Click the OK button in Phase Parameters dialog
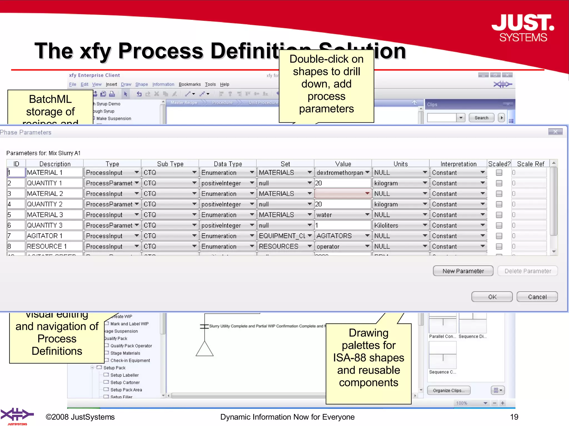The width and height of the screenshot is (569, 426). click(x=492, y=297)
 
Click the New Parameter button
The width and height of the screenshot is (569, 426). click(x=463, y=271)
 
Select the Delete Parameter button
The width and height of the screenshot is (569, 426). click(x=528, y=271)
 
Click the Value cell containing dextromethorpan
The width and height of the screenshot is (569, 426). click(x=340, y=173)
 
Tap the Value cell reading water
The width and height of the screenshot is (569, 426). click(x=340, y=215)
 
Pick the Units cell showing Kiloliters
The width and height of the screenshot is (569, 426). click(x=398, y=225)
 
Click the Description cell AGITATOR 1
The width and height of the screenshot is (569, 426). click(x=54, y=236)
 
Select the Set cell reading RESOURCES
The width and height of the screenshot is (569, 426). click(x=282, y=246)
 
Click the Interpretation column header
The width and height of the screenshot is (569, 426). click(x=458, y=164)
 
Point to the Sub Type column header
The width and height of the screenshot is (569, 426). click(x=170, y=164)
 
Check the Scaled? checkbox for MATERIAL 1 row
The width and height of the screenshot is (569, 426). click(x=499, y=173)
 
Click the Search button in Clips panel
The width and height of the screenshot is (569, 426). click(x=481, y=118)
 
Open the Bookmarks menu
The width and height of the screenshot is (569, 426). click(x=189, y=84)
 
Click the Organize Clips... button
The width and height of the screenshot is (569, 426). click(x=448, y=390)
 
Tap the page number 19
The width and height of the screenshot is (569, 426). click(x=514, y=417)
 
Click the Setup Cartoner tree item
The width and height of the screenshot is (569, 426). click(x=125, y=382)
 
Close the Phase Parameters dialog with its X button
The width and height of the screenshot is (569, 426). click(x=555, y=132)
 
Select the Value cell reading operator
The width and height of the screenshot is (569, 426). click(x=340, y=246)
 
